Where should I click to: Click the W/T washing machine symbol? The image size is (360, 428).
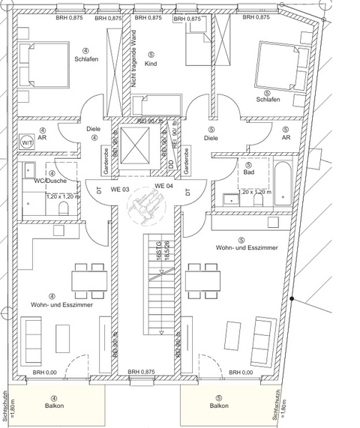(27, 142)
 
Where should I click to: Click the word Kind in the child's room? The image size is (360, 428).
(151, 64)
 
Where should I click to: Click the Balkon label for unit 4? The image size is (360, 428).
(53, 406)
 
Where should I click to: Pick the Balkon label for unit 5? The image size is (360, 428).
(219, 406)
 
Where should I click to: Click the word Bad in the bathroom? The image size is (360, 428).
(247, 172)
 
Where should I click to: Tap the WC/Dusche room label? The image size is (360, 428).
(50, 181)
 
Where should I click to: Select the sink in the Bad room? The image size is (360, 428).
(228, 200)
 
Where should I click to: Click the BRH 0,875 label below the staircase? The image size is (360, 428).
(140, 372)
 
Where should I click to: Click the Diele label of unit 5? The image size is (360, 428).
(211, 137)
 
